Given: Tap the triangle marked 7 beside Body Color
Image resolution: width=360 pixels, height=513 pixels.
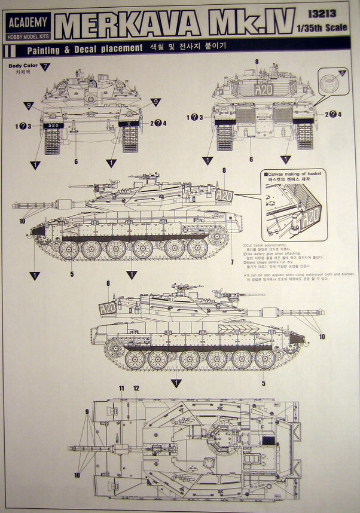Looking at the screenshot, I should [x=45, y=67].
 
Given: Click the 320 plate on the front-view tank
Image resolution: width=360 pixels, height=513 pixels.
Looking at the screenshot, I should [x=53, y=126].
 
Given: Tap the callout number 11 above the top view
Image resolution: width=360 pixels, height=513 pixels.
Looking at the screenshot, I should [x=121, y=388].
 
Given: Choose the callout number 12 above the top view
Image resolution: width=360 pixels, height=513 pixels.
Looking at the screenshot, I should [x=136, y=388].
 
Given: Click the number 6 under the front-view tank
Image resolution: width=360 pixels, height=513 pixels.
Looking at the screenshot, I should [x=76, y=161].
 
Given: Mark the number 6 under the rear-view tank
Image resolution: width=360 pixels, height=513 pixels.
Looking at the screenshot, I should [x=251, y=160].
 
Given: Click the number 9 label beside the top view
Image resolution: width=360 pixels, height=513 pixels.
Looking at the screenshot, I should [x=86, y=411].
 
